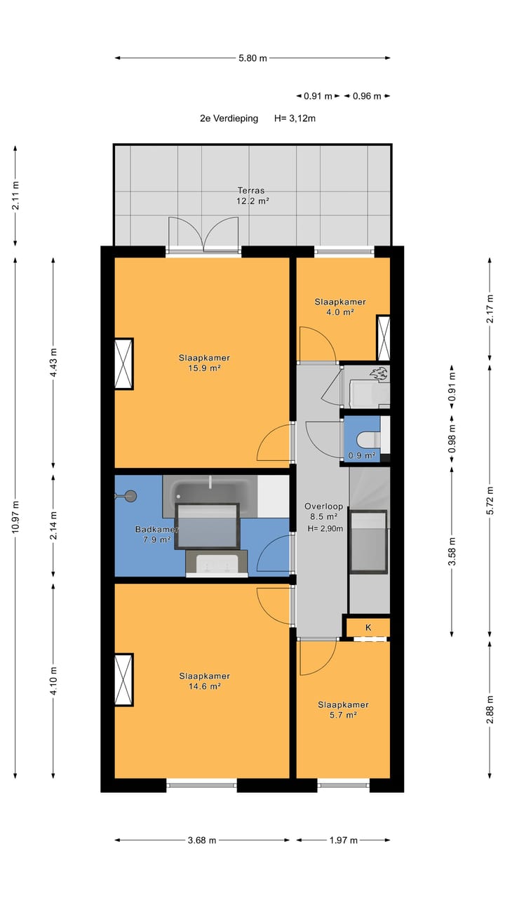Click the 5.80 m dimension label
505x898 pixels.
252,58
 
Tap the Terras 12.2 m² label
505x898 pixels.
252,196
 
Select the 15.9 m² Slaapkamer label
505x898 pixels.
204,363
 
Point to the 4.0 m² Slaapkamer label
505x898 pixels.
340,307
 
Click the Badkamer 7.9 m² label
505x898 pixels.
156,534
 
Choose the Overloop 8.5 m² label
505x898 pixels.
324,511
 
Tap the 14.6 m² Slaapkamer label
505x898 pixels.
204,681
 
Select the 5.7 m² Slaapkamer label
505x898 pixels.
343,709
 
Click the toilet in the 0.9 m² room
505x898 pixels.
368,439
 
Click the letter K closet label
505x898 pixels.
368,627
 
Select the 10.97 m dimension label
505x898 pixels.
15,517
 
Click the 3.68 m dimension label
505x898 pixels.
202,840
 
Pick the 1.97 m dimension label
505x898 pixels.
344,840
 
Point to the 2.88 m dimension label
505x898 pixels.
490,709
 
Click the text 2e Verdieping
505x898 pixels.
229,119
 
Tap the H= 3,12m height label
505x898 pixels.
295,119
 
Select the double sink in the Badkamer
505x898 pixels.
217,563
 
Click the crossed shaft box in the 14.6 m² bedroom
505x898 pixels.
124,680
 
